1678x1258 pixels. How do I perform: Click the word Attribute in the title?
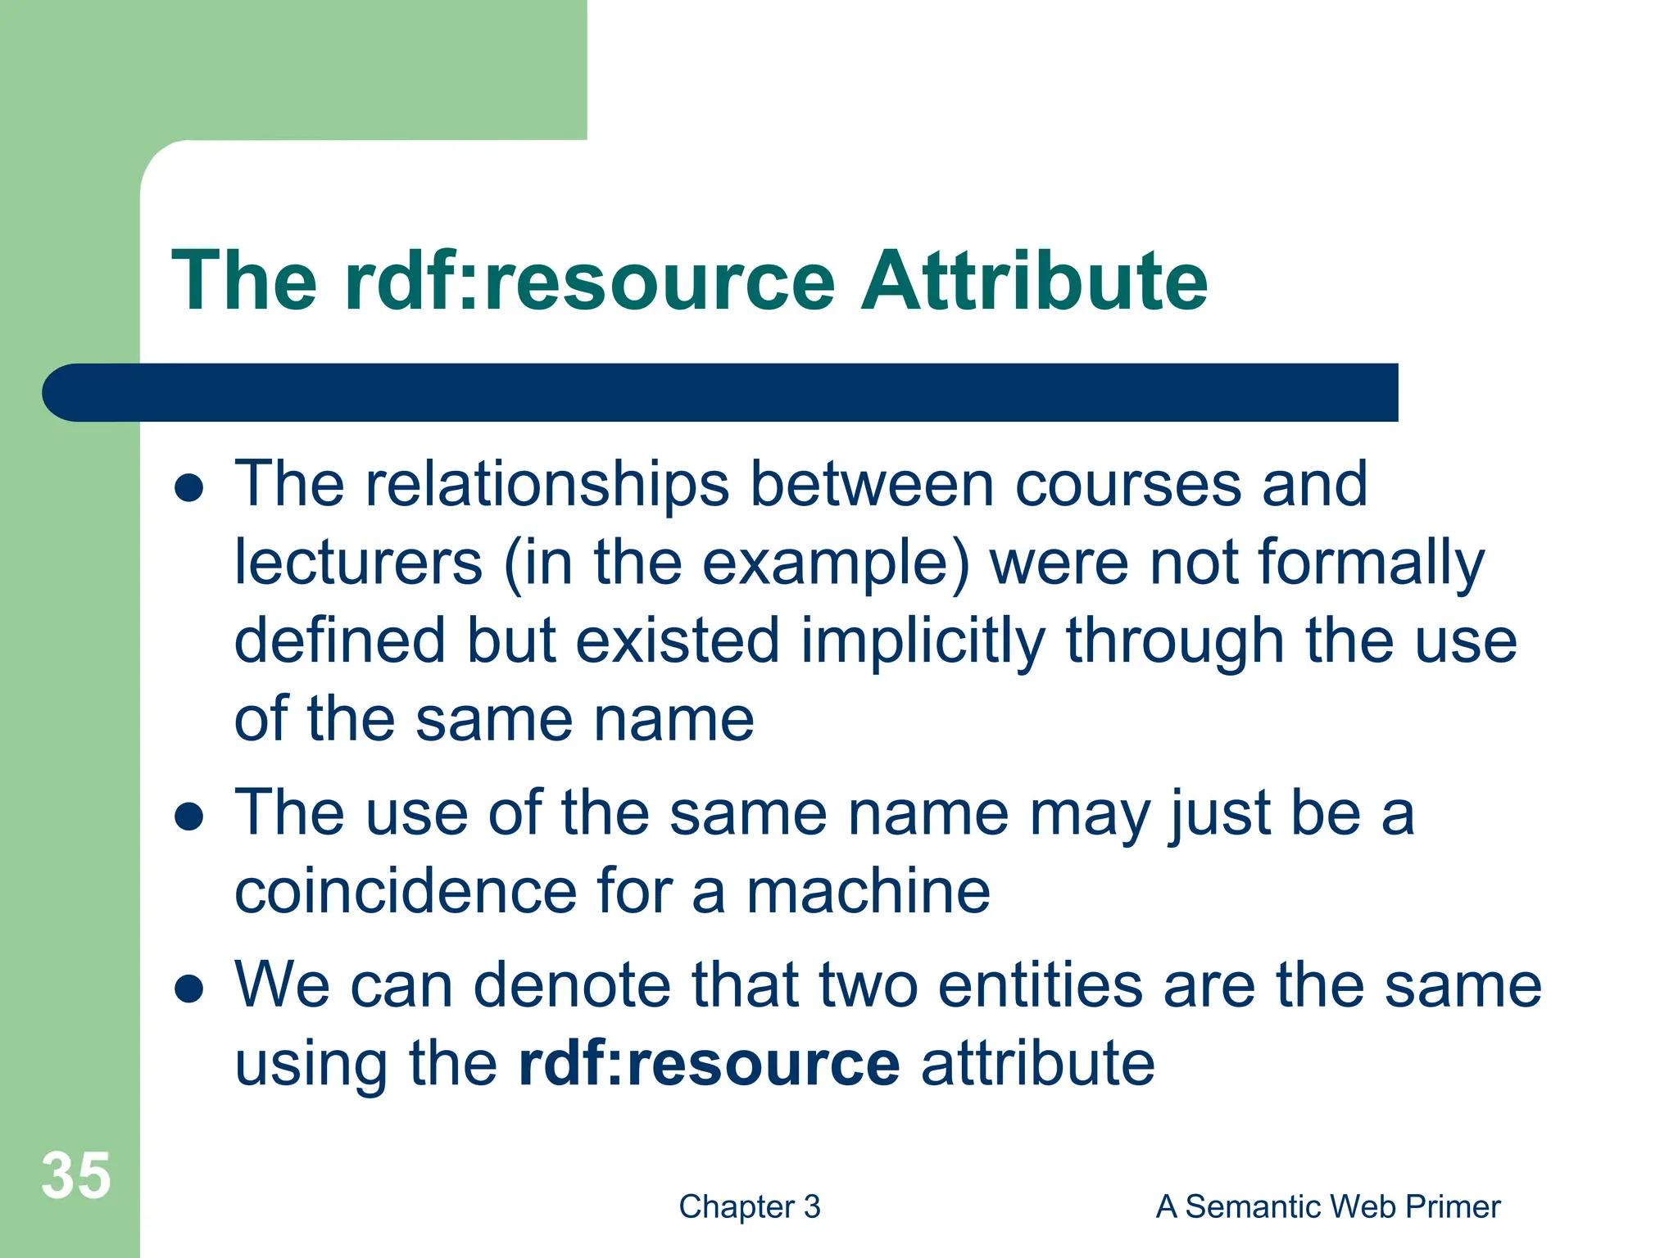1034,281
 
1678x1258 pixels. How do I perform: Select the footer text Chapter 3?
749,1206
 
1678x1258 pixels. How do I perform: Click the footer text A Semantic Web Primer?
1327,1206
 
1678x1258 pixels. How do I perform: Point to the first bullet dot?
189,488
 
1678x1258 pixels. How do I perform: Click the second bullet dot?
189,817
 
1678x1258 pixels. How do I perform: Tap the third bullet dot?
189,989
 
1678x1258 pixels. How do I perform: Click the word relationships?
547,485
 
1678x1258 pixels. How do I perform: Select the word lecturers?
359,563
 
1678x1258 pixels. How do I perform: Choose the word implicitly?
922,642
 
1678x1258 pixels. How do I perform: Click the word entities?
1040,985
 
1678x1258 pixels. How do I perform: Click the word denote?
572,985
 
